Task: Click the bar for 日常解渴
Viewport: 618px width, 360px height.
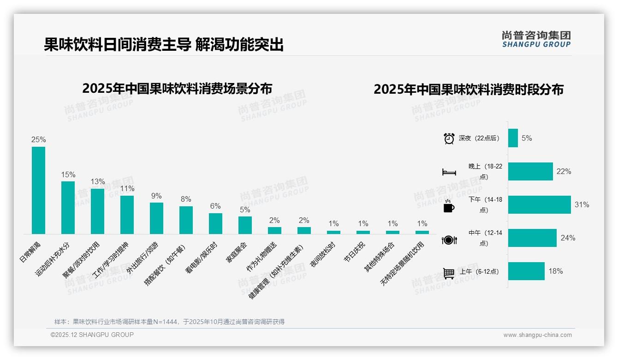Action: point(38,190)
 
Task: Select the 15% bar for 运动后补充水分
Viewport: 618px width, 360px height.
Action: point(68,207)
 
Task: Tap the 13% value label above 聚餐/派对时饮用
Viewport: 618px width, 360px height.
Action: point(98,182)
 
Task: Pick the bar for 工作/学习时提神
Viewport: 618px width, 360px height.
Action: point(127,215)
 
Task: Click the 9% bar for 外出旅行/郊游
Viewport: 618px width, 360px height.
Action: point(156,218)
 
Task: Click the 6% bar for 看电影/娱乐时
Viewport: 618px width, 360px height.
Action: point(215,223)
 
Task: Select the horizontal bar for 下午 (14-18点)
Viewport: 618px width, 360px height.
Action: point(539,204)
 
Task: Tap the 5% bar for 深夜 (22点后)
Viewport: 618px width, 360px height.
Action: point(513,138)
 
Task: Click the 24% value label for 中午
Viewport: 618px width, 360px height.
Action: point(568,238)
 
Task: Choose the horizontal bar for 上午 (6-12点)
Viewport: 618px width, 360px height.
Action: point(526,271)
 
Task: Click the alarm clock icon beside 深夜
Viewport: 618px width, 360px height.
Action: point(449,138)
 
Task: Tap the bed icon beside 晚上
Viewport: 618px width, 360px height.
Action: point(449,172)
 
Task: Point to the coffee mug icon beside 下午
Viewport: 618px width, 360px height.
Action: point(449,206)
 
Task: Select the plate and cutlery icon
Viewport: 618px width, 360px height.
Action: point(449,240)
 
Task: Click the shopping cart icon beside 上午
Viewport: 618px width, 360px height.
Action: point(449,273)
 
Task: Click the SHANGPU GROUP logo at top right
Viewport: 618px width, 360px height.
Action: point(536,39)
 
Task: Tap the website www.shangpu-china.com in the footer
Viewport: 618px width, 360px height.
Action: point(537,335)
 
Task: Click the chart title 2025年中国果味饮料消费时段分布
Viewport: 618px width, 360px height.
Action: point(469,90)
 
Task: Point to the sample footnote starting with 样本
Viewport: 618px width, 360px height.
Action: point(169,322)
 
